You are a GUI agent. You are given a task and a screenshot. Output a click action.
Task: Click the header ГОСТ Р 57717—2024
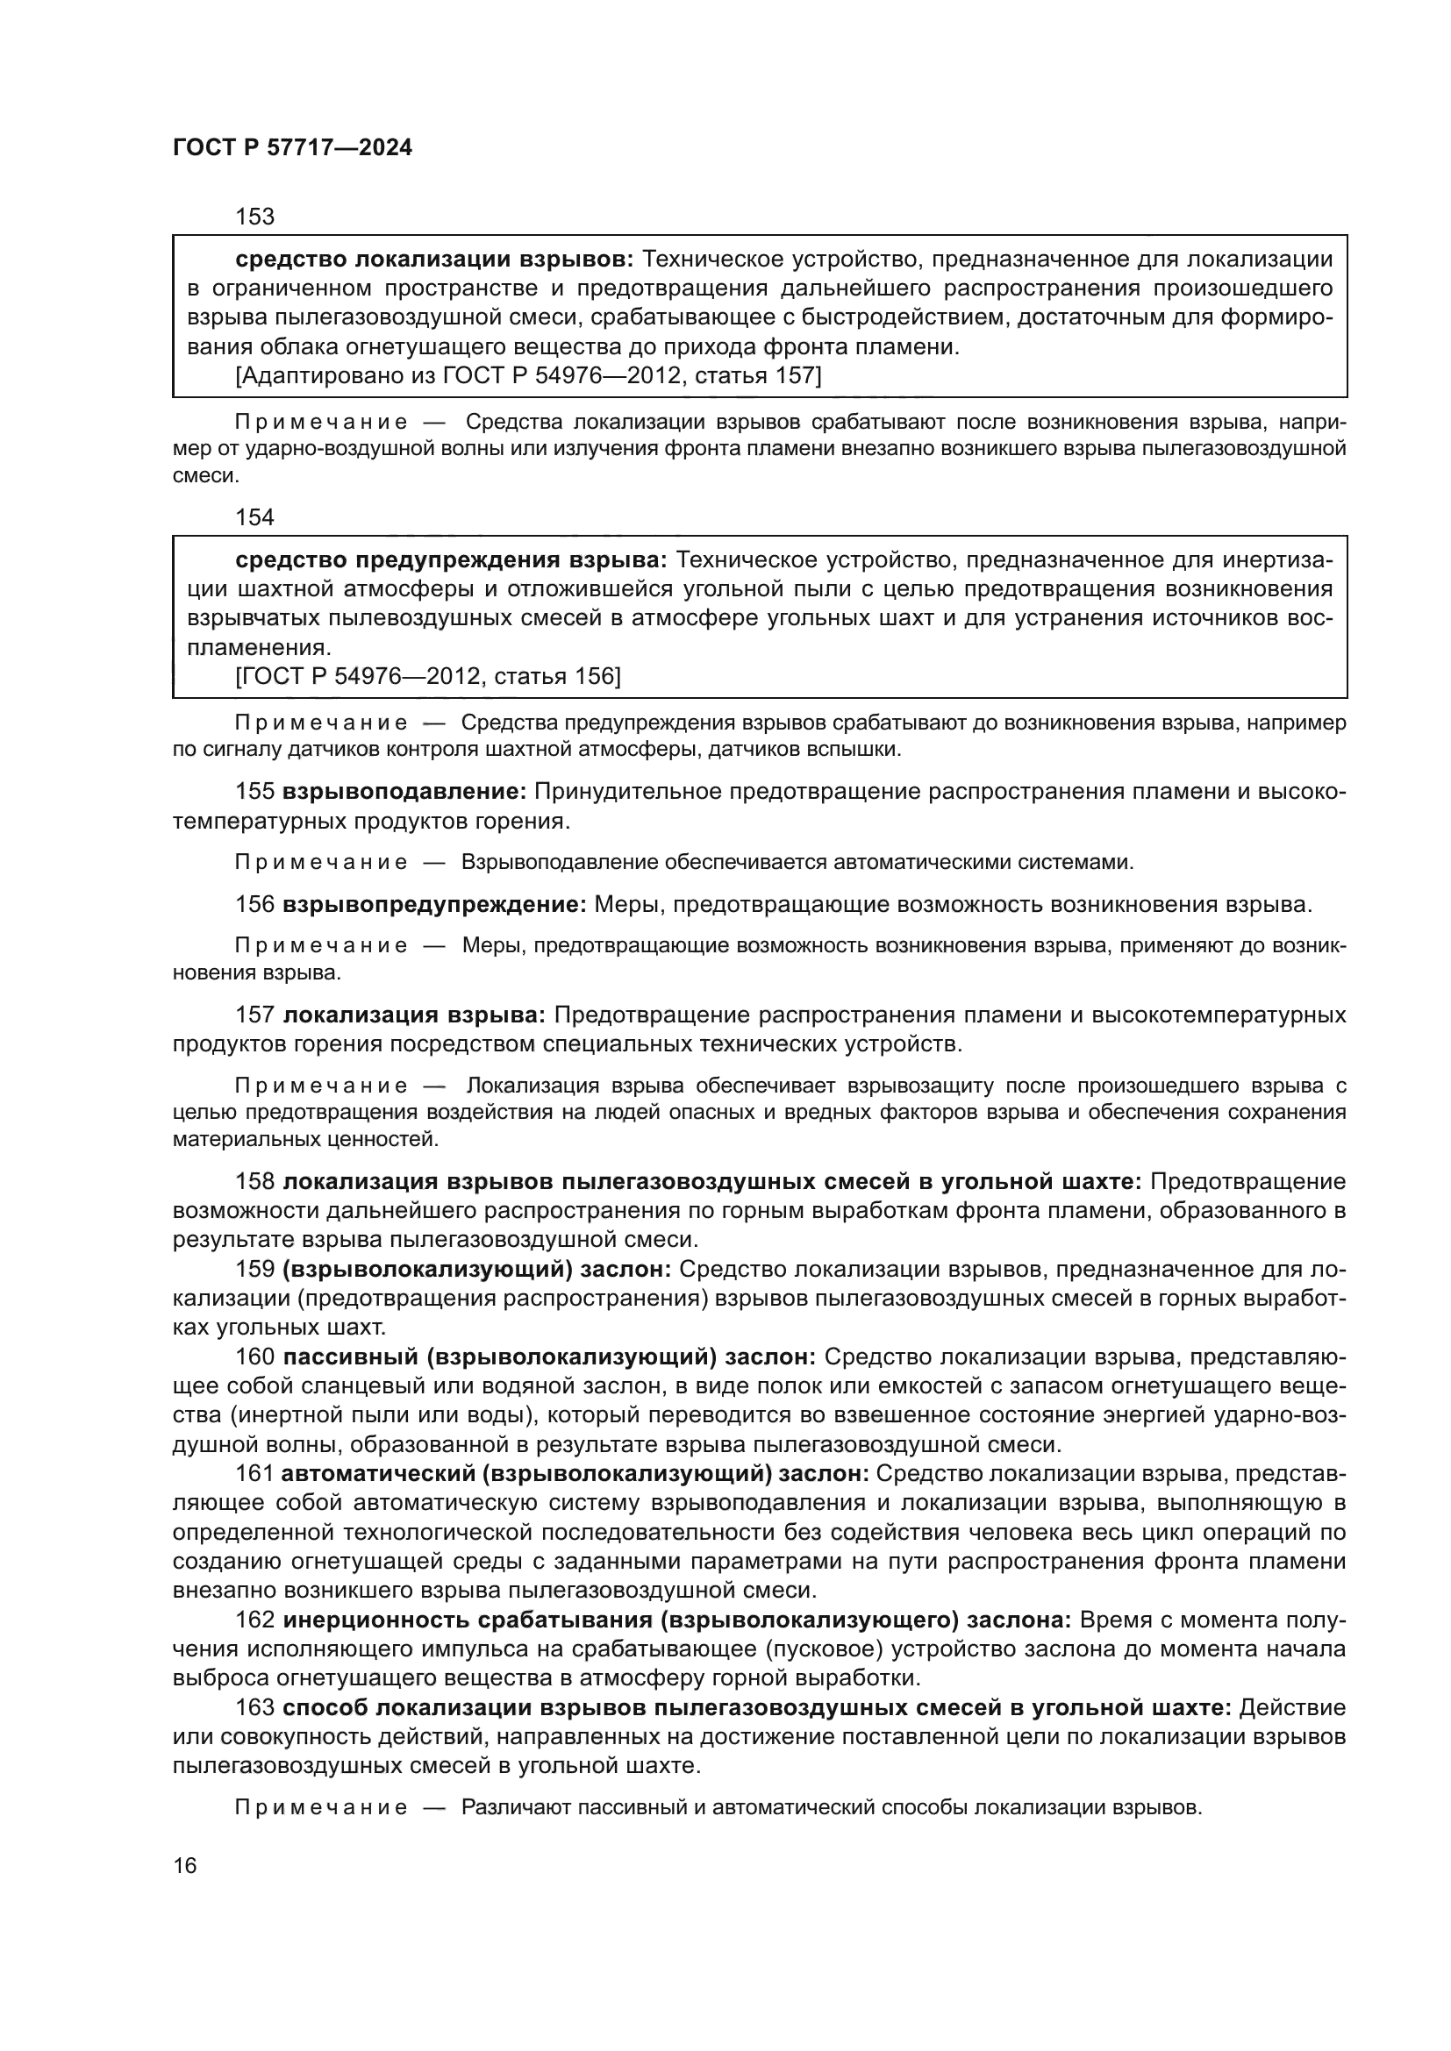(292, 148)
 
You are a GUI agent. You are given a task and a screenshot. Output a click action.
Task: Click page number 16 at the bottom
(185, 1865)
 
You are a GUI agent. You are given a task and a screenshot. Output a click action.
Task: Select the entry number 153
(254, 217)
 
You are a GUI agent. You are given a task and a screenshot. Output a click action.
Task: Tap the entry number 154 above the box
(254, 517)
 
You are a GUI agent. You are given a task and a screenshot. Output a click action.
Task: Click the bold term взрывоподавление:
(404, 792)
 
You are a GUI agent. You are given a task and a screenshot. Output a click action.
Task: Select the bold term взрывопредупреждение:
(434, 904)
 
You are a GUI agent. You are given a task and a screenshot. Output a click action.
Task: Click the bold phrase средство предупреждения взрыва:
(451, 560)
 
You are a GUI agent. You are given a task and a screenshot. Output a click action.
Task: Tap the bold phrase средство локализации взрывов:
(434, 259)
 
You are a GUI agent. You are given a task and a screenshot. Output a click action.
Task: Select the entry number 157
(254, 1015)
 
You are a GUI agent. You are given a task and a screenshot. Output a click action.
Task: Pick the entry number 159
(254, 1270)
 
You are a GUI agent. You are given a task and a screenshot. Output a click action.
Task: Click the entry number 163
(254, 1707)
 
